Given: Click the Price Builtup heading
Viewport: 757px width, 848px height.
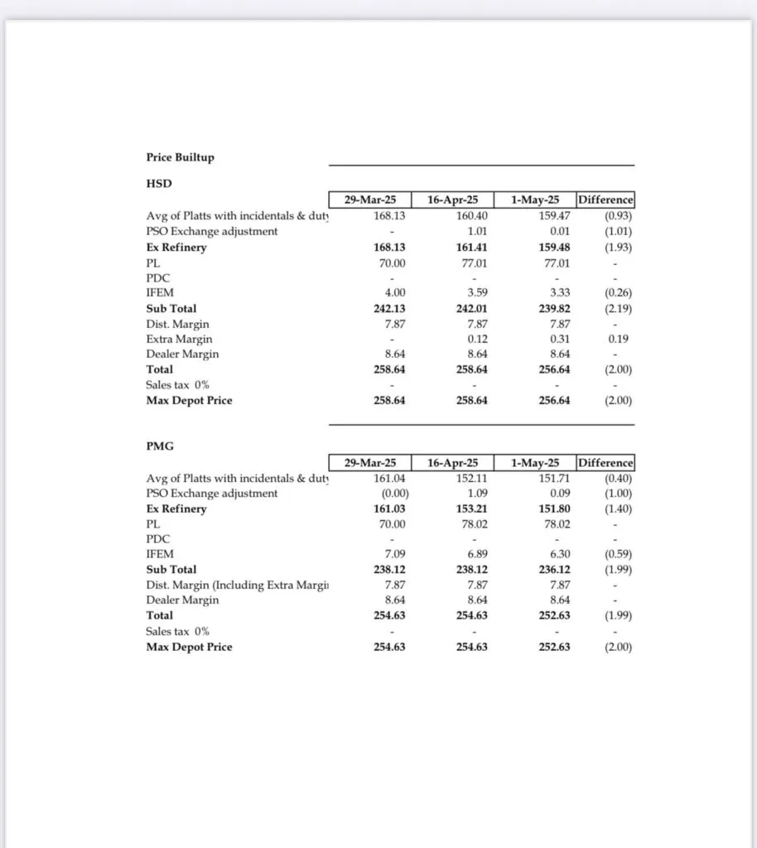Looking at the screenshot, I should tap(180, 157).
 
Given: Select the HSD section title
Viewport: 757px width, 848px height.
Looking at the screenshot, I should tap(158, 184).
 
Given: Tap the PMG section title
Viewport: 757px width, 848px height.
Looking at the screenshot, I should tap(160, 446).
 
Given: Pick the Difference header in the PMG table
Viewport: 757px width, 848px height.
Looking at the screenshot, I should tap(605, 463).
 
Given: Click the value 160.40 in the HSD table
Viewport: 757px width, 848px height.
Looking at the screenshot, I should tap(470, 215).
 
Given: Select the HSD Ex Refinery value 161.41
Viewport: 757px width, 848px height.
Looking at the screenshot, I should tap(470, 247).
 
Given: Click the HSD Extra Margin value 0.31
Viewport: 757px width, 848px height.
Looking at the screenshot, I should tap(557, 339).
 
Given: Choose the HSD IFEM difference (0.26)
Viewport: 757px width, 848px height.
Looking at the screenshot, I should tap(616, 292).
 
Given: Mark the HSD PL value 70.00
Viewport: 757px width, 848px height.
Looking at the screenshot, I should tap(391, 263).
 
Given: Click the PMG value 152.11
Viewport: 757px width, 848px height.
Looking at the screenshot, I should tap(470, 478).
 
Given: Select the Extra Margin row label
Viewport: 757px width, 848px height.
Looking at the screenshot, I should tap(179, 339).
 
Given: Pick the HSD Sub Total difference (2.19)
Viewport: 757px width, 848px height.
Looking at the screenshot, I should tap(616, 308).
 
